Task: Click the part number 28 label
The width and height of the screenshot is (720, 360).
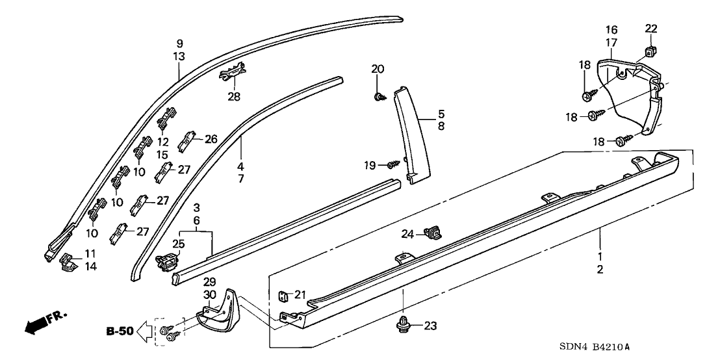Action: click(233, 97)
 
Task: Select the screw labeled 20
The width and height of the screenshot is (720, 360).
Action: click(378, 97)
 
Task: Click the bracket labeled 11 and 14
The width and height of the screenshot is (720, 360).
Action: click(68, 262)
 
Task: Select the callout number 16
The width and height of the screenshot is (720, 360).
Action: click(611, 30)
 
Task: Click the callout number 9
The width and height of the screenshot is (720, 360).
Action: click(179, 44)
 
